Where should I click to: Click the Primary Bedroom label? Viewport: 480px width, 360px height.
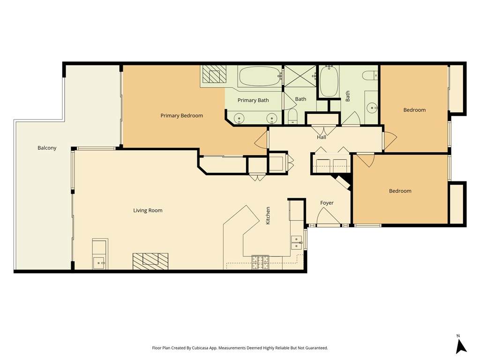181,116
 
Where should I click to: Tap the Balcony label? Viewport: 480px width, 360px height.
47,148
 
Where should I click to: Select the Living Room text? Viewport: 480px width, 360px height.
148,210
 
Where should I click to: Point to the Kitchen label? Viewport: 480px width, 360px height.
268,216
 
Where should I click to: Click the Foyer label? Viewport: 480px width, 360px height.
327,203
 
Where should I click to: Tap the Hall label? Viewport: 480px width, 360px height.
322,137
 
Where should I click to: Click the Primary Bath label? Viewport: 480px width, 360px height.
253,100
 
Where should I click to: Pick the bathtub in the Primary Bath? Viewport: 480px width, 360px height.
260,76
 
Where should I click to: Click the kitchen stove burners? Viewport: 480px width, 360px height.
260,262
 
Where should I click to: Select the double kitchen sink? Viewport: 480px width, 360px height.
297,242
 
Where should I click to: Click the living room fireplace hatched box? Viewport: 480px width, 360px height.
150,261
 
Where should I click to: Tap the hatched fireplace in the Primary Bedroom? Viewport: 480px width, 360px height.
215,74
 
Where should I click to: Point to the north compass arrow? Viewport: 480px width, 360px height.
461,346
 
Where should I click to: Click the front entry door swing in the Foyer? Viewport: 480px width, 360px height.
328,217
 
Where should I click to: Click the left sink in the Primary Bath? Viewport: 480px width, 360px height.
239,118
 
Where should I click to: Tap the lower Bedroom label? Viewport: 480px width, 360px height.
400,191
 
